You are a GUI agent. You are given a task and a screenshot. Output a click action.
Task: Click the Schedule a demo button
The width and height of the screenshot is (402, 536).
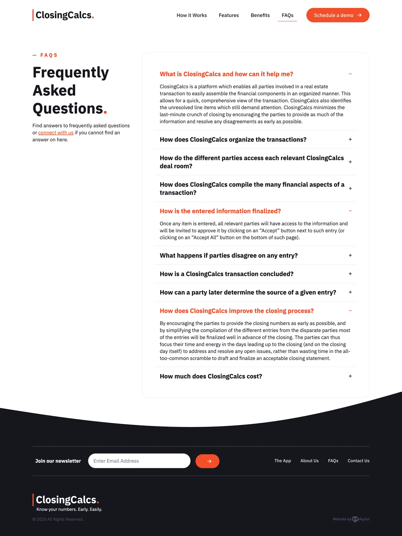[x=337, y=15]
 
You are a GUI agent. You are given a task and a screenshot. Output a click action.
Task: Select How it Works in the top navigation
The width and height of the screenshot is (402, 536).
[x=192, y=15]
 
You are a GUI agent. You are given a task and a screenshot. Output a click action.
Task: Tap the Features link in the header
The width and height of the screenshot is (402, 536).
[x=229, y=15]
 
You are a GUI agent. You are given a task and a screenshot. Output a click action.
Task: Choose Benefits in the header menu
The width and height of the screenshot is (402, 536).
[x=260, y=15]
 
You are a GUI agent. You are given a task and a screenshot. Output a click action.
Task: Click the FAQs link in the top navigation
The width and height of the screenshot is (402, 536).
[x=287, y=15]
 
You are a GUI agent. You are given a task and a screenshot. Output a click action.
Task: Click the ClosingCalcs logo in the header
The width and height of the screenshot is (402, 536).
[x=64, y=15]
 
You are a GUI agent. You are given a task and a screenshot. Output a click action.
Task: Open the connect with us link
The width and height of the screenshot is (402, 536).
[x=56, y=133]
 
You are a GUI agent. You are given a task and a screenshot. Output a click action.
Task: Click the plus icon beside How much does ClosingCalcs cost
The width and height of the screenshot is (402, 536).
[x=350, y=376]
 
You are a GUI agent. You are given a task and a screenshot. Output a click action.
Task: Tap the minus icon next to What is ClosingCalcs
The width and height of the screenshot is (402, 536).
[x=350, y=74]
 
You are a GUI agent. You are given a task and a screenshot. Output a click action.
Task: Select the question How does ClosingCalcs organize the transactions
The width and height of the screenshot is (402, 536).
[x=233, y=140]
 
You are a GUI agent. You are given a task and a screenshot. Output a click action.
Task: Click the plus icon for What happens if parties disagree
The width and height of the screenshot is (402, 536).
[x=350, y=256]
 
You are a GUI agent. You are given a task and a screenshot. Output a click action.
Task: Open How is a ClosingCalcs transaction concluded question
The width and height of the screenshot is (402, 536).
[x=226, y=274]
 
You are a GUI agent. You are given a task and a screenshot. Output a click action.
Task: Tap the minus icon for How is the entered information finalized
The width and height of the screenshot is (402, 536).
[x=350, y=211]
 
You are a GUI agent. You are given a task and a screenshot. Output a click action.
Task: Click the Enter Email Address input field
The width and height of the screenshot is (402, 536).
[x=139, y=461]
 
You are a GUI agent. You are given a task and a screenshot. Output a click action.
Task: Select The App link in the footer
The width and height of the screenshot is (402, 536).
[x=282, y=461]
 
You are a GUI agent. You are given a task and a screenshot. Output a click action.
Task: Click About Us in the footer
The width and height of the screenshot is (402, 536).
[x=309, y=461]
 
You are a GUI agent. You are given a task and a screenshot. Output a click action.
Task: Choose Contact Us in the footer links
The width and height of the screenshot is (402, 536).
[x=358, y=461]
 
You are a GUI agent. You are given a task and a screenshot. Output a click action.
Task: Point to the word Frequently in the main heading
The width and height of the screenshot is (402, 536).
[x=71, y=72]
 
